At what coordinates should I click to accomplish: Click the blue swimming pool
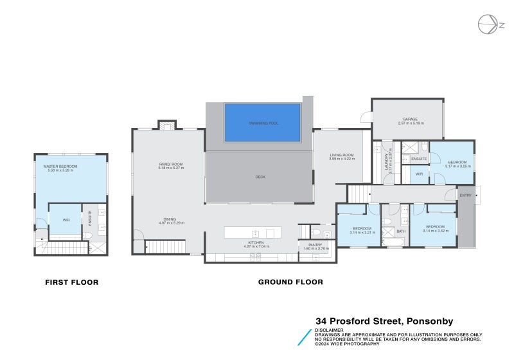point(262,122)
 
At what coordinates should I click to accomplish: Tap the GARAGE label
point(411,119)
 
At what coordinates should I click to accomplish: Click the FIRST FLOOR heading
point(71,282)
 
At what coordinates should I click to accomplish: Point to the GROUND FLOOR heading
point(290,282)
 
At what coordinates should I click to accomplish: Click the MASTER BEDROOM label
point(60,166)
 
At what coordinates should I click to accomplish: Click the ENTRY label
point(465,195)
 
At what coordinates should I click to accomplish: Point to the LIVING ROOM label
point(342,155)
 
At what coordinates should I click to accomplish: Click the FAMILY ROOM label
point(171,165)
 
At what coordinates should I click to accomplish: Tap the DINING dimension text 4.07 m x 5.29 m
point(172,223)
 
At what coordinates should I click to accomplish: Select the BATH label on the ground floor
point(401,231)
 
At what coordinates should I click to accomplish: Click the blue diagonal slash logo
point(305,337)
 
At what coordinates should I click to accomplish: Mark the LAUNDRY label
point(386,159)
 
